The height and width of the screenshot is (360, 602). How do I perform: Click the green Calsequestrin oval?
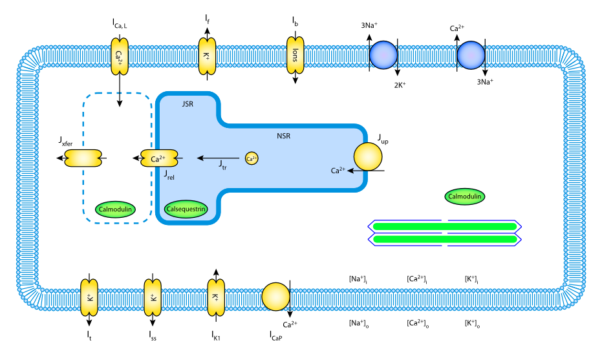(186, 209)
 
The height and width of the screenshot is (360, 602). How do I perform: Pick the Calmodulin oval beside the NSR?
(465, 196)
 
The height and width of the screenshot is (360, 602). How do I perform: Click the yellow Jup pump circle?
(368, 157)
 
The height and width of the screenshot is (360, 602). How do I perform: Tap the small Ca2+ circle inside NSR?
(252, 158)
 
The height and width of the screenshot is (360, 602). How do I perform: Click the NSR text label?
(283, 136)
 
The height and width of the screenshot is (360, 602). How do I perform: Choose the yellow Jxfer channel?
(83, 158)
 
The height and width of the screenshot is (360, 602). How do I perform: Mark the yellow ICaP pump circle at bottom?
(275, 295)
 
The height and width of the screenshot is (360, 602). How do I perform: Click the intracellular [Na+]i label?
(358, 279)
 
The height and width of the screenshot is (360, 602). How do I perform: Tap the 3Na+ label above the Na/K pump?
(369, 26)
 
